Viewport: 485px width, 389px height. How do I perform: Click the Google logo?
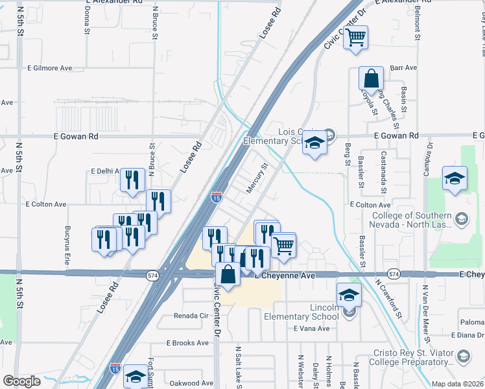pos(21,381)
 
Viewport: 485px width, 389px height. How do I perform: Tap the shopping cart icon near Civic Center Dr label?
pos(355,38)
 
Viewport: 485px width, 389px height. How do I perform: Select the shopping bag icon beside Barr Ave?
pos(372,79)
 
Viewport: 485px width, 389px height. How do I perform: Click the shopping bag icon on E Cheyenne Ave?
pos(228,274)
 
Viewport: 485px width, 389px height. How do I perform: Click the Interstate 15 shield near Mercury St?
pos(217,196)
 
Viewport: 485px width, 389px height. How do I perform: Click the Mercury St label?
pos(257,178)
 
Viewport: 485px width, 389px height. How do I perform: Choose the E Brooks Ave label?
pos(185,342)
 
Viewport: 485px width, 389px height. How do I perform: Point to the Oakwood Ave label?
pos(191,383)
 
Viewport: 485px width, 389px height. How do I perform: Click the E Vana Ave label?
pos(312,329)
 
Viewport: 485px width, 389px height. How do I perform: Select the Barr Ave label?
pos(404,67)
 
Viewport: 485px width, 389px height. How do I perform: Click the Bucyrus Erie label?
pos(67,241)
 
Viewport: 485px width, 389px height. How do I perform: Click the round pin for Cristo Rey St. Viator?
pos(464,355)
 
